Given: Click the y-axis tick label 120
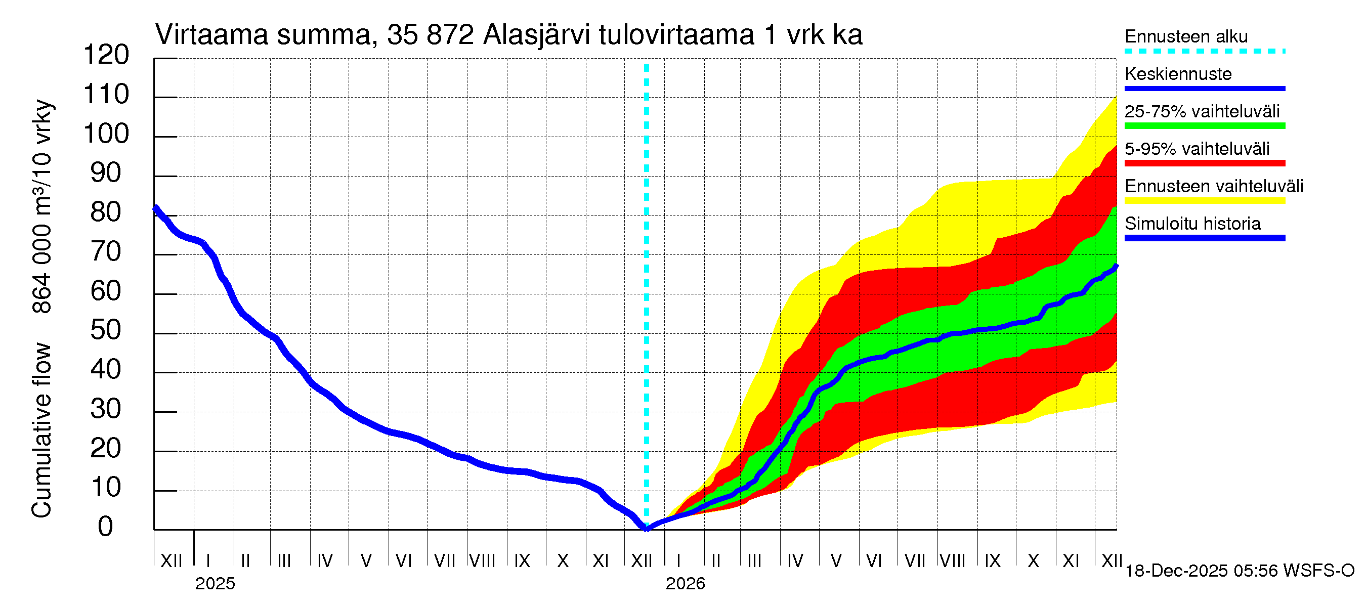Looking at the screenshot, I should click(106, 55).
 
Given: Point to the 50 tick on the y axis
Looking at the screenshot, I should click(106, 331).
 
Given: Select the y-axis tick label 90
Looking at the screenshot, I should click(106, 174).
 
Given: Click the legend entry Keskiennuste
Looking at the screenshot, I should click(1178, 74).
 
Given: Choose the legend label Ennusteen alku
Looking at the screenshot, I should click(1186, 36).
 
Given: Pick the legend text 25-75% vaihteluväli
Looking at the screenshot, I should click(1202, 112).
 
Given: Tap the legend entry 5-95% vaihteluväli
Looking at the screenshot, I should click(1197, 149).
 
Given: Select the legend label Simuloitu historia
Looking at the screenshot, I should click(1192, 224).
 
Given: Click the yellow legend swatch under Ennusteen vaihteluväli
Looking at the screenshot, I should click(1204, 201).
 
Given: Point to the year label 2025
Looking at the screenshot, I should click(215, 584).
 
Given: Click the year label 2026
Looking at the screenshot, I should click(685, 584).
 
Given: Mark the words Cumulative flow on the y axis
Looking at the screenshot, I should click(41, 430).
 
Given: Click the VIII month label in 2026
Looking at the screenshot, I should click(952, 560).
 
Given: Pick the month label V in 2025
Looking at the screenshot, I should click(366, 560).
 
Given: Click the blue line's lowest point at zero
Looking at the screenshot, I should click(647, 528).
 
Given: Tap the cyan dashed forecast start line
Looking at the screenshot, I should click(647, 265).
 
